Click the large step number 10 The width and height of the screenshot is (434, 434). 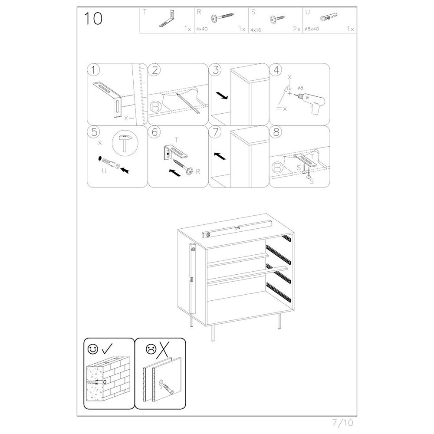(x=93, y=19)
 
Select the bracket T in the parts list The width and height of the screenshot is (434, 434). (x=168, y=18)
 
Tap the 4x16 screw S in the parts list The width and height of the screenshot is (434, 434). (x=277, y=19)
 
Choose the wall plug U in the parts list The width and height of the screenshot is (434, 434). (x=329, y=17)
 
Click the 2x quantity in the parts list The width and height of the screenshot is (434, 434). (x=297, y=29)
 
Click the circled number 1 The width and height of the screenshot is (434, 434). (x=94, y=70)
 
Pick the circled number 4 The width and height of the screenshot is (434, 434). (x=276, y=70)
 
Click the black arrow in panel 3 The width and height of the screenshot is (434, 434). (x=222, y=95)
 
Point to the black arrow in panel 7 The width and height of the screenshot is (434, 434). (x=220, y=156)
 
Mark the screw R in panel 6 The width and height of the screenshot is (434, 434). (x=184, y=167)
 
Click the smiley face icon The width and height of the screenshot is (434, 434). (x=93, y=349)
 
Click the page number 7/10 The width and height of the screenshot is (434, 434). (x=343, y=423)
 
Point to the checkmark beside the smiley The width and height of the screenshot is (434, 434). (x=107, y=349)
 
